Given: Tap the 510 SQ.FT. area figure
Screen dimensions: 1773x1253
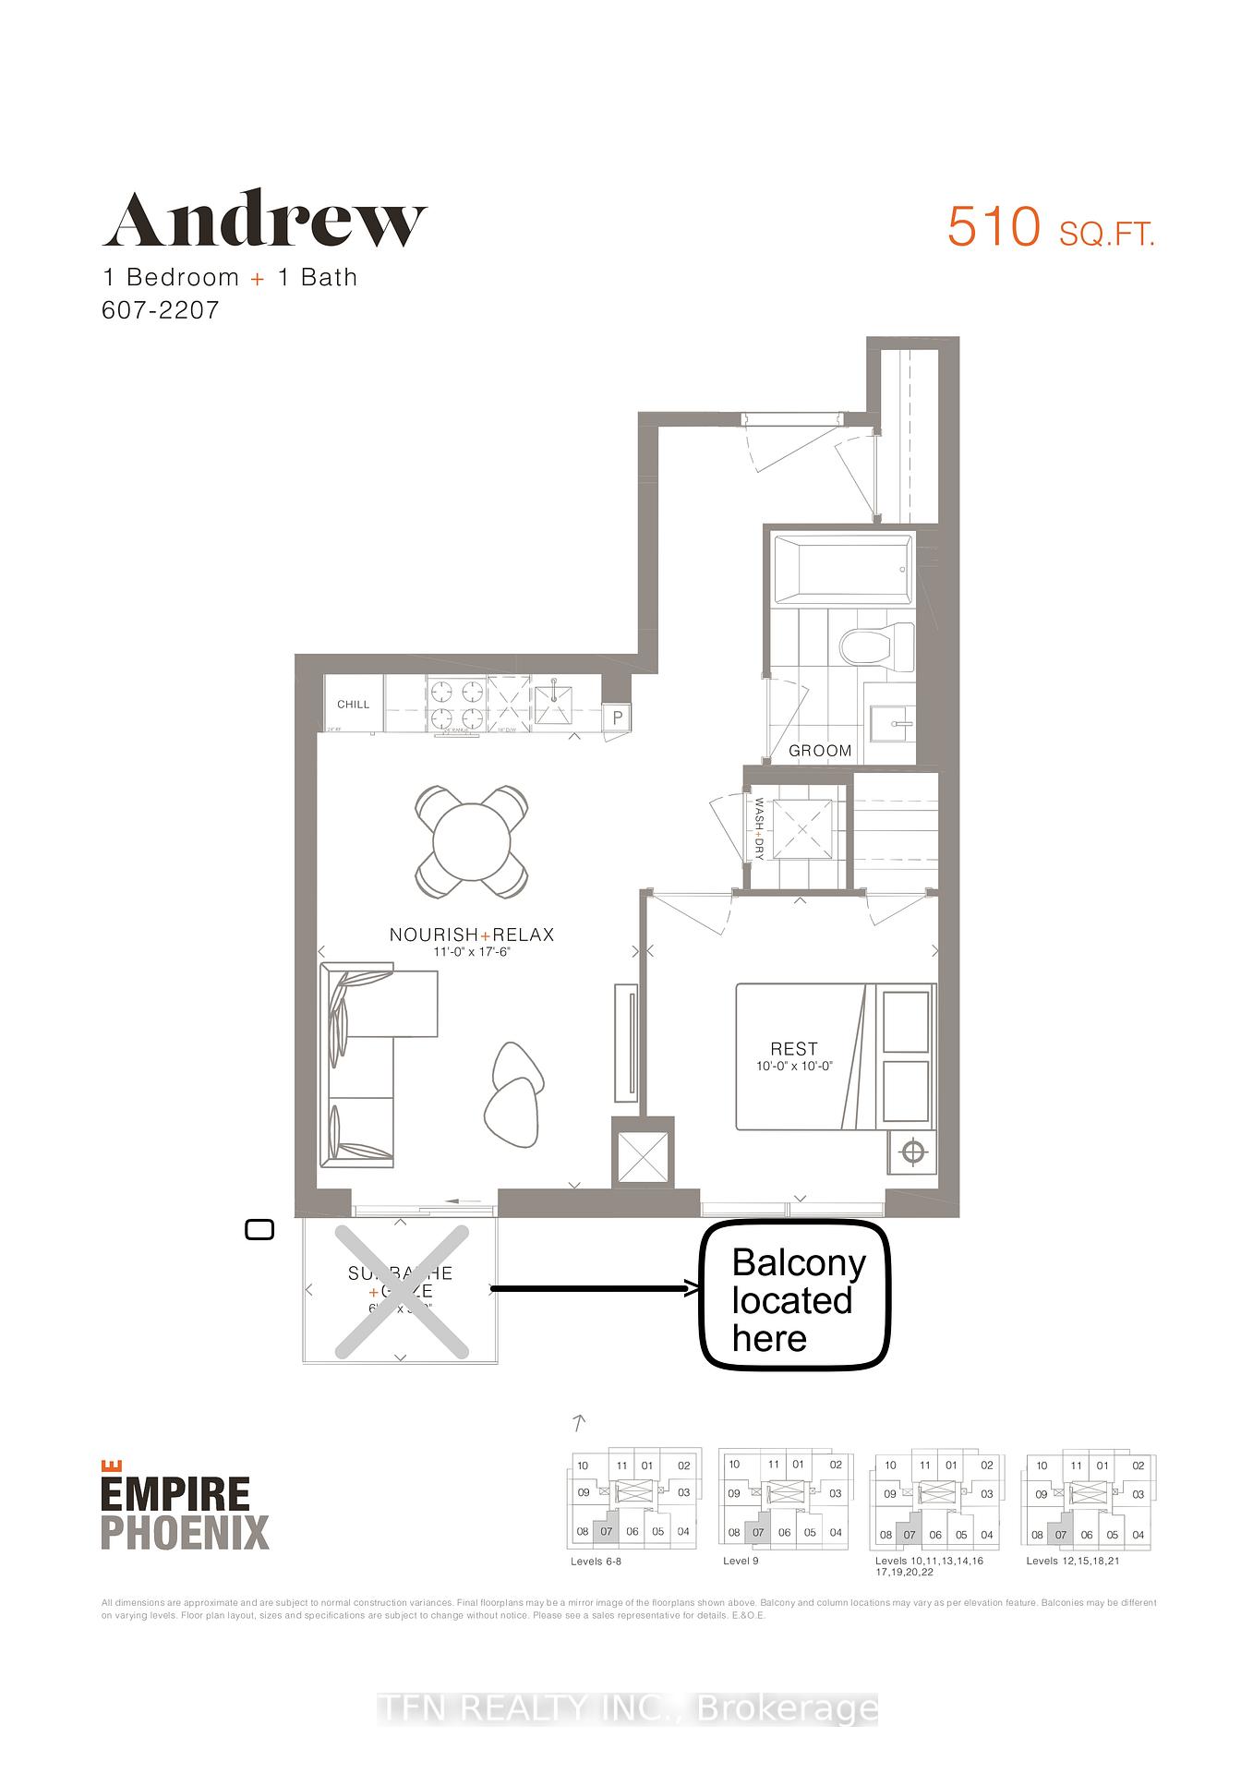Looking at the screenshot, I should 1051,227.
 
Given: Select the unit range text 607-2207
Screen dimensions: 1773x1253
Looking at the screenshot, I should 160,309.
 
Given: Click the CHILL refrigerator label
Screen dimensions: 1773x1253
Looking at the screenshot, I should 353,705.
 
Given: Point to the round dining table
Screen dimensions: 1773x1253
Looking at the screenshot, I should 471,841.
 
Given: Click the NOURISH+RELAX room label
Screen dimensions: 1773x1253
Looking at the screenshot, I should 472,935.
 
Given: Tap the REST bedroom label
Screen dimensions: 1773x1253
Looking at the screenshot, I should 793,1049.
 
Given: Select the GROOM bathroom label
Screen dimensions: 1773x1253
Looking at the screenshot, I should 820,751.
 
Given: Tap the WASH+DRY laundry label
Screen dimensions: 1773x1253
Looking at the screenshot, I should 759,828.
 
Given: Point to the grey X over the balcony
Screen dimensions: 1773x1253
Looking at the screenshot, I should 401,1291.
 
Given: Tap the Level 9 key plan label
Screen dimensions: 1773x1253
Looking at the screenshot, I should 741,1562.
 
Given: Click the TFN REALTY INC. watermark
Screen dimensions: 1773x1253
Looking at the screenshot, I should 628,1709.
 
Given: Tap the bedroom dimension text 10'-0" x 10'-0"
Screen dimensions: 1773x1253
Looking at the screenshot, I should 793,1066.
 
